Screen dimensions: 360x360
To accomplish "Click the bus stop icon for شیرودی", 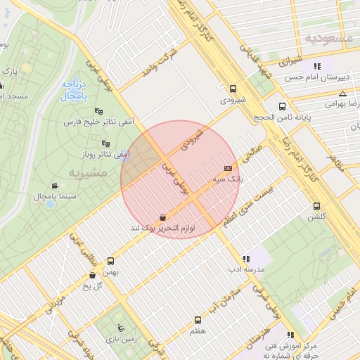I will (x=233, y=89).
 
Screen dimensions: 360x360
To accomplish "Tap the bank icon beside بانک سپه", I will (x=228, y=168).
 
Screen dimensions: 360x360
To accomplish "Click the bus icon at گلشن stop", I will (x=316, y=206).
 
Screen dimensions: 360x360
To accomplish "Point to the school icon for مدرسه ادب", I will (x=245, y=258).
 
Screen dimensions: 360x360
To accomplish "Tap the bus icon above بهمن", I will (x=111, y=260).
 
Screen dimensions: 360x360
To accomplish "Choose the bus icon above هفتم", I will (x=198, y=320).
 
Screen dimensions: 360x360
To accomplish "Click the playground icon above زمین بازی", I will (x=122, y=327).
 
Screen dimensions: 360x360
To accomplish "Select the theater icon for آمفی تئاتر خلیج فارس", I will (x=98, y=111).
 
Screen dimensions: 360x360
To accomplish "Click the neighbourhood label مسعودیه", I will (x=328, y=38).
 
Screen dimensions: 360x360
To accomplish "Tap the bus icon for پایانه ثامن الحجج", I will (x=282, y=106).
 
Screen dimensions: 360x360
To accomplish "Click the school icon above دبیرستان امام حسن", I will (x=317, y=66).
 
